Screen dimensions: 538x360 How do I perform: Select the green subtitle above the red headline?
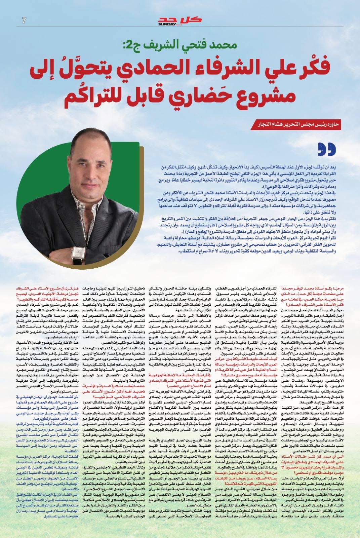click(180, 45)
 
